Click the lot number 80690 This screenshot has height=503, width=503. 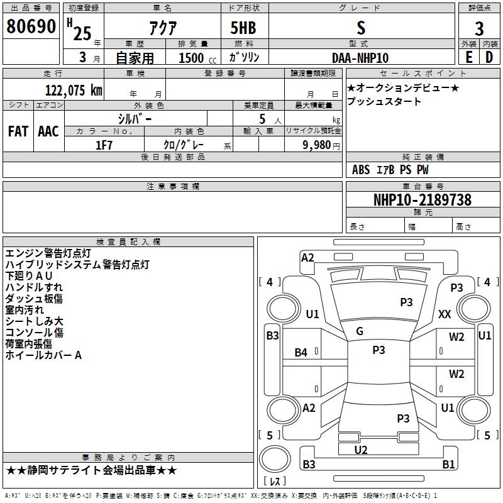31,26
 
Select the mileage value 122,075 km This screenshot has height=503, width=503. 74,90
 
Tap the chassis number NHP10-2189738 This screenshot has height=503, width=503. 423,200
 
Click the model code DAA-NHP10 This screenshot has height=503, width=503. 360,58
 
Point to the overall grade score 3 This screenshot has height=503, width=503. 479,29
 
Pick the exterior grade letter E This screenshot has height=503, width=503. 469,57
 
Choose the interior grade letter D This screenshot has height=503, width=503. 489,57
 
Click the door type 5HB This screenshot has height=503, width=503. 243,28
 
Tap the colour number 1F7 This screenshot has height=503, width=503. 104,145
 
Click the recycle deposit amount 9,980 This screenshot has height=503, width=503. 317,145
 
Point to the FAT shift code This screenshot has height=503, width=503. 18,131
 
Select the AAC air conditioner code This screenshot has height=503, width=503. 48,131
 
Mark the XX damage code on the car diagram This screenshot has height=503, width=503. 445,314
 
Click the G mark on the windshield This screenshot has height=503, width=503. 360,331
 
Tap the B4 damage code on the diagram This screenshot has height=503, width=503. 301,353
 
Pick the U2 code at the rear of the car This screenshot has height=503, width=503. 361,450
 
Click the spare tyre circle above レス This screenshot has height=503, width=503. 275,459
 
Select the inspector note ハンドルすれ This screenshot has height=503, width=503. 34,287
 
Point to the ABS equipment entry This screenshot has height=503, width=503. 361,170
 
